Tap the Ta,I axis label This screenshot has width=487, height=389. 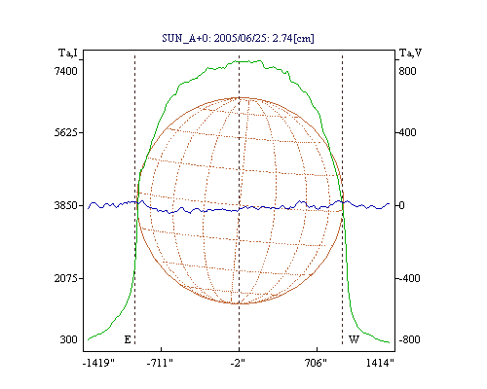(x=68, y=53)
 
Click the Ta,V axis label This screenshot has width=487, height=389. (x=410, y=53)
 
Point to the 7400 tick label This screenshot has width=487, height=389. (x=65, y=71)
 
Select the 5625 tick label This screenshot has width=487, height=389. (x=65, y=132)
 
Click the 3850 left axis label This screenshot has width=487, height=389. (x=65, y=205)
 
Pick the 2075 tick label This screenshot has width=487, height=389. (x=65, y=278)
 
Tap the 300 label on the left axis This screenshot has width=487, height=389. (x=68, y=339)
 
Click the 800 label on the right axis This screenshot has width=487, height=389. (x=407, y=71)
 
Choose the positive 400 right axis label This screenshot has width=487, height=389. (x=407, y=132)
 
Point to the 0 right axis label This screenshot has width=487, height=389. (x=402, y=205)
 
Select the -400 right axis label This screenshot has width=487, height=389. (x=409, y=278)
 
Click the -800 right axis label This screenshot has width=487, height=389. (x=409, y=339)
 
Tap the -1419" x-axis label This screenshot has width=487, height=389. (x=98, y=363)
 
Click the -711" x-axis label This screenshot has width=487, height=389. (x=160, y=363)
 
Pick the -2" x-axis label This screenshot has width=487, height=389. (x=238, y=363)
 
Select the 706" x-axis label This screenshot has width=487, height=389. (x=316, y=363)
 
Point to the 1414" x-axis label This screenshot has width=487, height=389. (x=380, y=363)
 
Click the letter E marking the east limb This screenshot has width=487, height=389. (x=128, y=339)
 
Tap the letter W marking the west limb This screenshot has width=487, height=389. (x=354, y=339)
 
